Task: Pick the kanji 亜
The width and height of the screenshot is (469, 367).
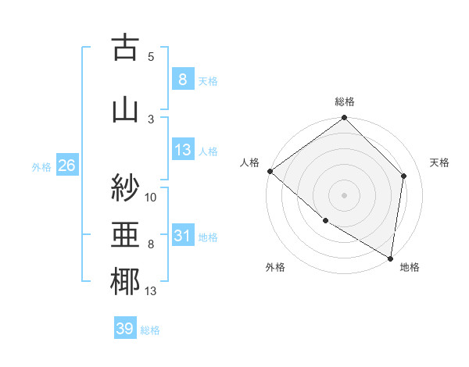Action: (125, 233)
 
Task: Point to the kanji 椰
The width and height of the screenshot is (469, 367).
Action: (125, 281)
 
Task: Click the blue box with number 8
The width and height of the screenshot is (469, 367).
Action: (182, 79)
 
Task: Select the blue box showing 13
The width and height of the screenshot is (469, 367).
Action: (182, 150)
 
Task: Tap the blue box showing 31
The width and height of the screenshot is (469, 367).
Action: (182, 236)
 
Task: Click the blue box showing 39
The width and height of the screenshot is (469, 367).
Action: (124, 329)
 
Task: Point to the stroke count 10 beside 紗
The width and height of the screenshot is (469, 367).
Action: (151, 197)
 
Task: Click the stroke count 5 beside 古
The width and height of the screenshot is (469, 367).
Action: (151, 57)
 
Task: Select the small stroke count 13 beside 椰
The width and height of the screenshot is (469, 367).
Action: (151, 292)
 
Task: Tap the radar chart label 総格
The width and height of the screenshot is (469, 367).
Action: (345, 102)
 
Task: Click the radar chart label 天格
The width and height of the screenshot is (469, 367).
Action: (439, 162)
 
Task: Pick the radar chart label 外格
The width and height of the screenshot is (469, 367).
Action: (275, 267)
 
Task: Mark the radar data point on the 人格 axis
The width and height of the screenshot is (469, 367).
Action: (270, 171)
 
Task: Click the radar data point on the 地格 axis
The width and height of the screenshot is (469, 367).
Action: (390, 257)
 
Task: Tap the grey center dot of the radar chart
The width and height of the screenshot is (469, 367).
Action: (344, 194)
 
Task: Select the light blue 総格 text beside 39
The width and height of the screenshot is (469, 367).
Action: (150, 330)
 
